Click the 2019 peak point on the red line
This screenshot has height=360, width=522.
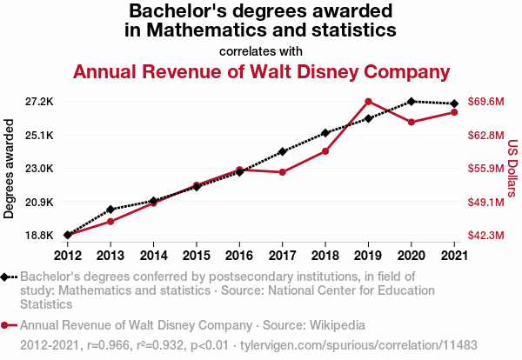[x=368, y=102]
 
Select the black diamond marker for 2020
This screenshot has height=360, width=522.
[x=411, y=102]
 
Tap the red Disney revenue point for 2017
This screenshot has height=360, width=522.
[x=282, y=172]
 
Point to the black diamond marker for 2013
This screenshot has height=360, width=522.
[x=110, y=209]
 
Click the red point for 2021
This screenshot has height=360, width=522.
[x=454, y=112]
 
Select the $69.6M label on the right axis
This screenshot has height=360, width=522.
[x=485, y=102]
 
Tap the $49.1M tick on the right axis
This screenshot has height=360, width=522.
[x=485, y=202]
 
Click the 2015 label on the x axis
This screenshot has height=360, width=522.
[x=196, y=255]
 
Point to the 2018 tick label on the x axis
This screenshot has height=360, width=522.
[x=325, y=255]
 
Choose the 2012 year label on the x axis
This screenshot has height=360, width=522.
[x=68, y=255]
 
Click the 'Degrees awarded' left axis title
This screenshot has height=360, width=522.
[x=10, y=169]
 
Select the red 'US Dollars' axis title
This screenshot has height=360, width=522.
[x=512, y=169]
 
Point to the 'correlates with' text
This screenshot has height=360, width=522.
[x=261, y=50]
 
